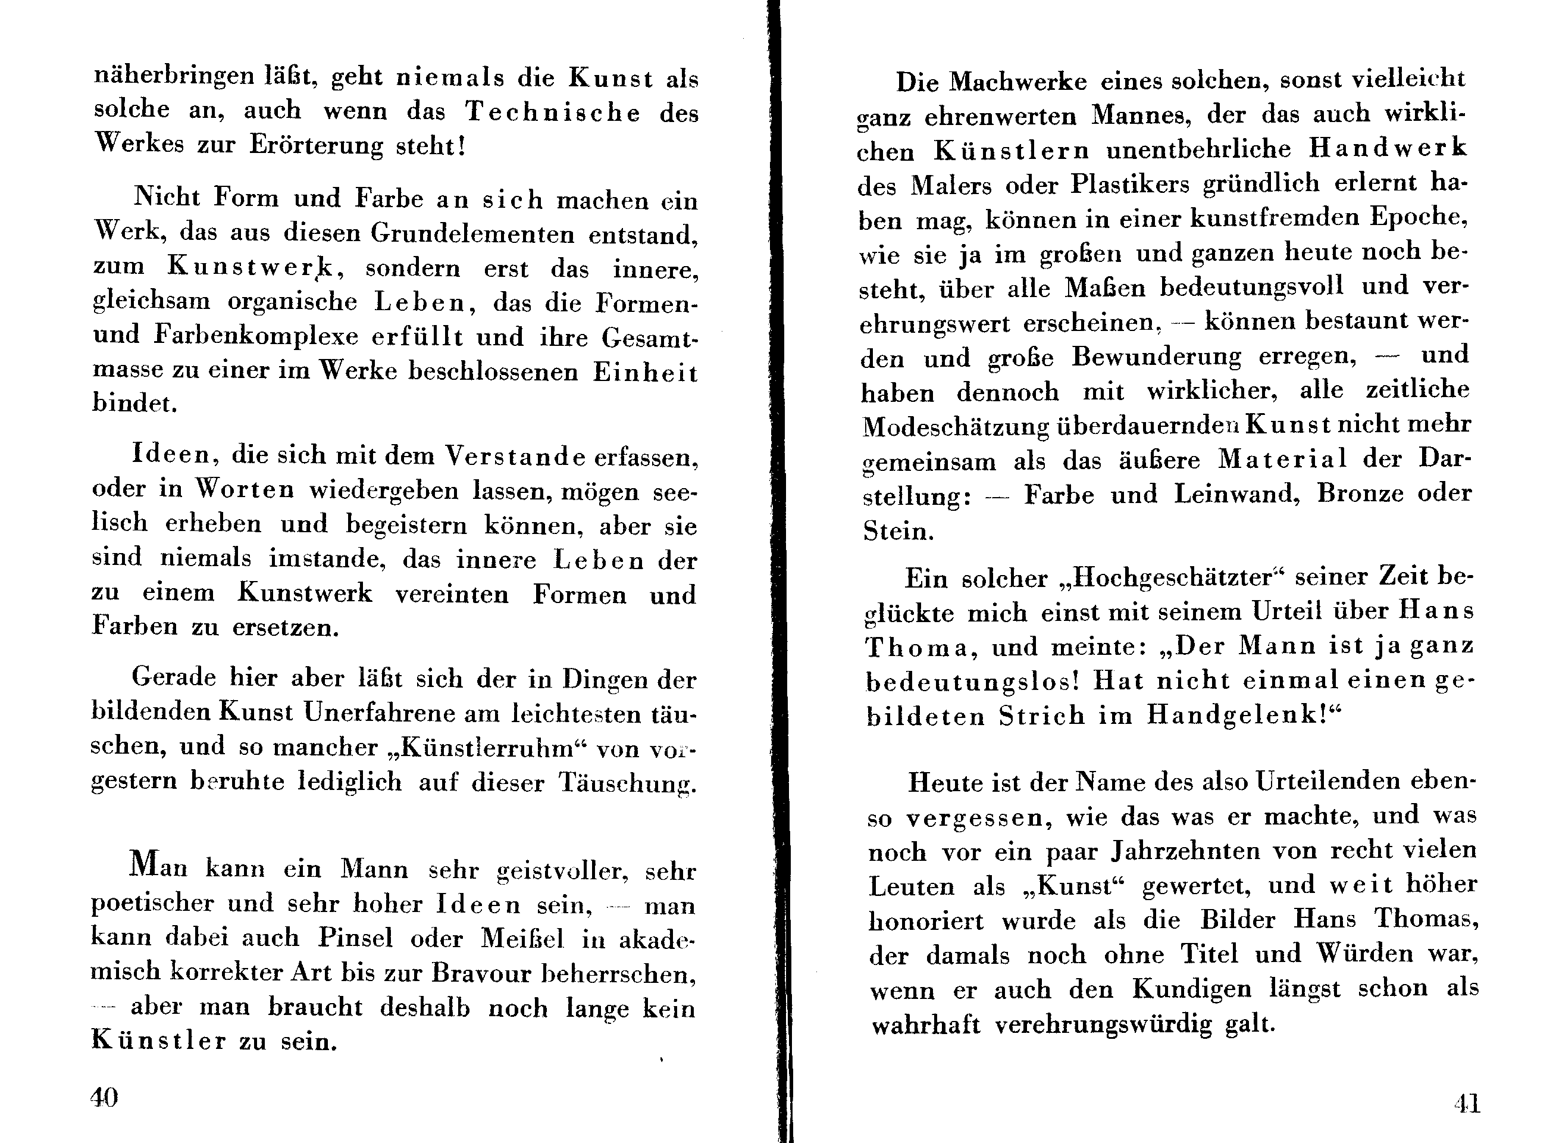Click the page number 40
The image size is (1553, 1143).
point(104,1097)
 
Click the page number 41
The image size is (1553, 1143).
point(1467,1103)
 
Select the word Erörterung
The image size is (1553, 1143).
point(316,145)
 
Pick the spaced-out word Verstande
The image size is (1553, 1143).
point(515,456)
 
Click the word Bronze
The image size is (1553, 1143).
point(1360,494)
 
